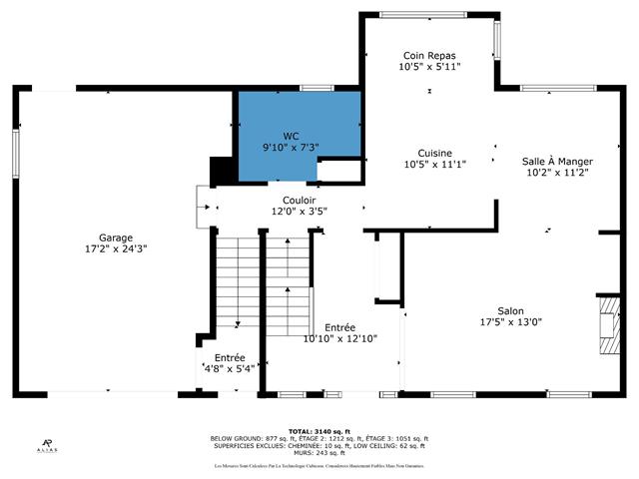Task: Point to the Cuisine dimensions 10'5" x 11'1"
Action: click(x=434, y=164)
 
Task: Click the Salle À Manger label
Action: click(x=558, y=161)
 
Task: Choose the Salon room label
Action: click(x=510, y=311)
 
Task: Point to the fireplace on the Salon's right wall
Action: click(x=608, y=325)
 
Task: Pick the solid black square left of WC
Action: click(x=221, y=170)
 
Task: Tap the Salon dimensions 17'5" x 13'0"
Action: click(x=510, y=322)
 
